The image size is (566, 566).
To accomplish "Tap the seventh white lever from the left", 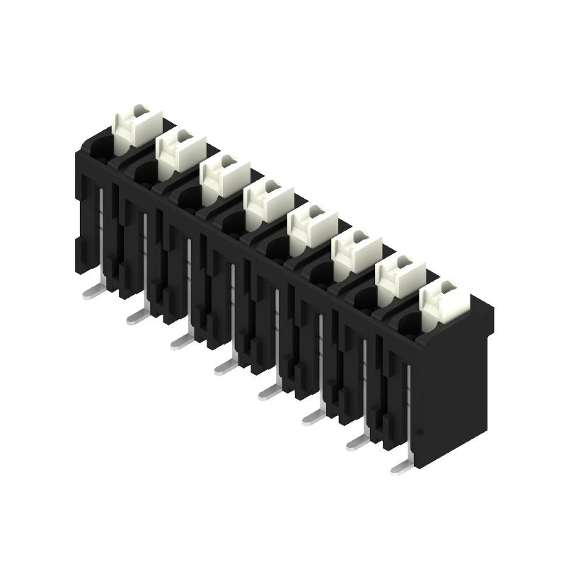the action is click(x=400, y=273).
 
